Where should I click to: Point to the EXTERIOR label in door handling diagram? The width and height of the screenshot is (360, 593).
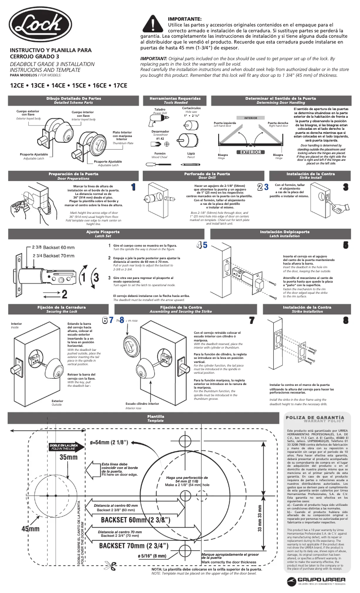tap(250, 152)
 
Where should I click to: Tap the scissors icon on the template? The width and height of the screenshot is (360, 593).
tap(110, 565)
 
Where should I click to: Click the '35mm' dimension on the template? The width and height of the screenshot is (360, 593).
tap(69, 457)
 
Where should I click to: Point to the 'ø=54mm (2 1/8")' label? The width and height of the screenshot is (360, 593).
tap(109, 442)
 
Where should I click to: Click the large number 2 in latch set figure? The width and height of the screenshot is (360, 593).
tap(64, 294)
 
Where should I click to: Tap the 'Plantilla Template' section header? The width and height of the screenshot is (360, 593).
tap(156, 419)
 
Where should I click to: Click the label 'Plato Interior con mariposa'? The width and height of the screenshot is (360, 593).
tap(122, 136)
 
